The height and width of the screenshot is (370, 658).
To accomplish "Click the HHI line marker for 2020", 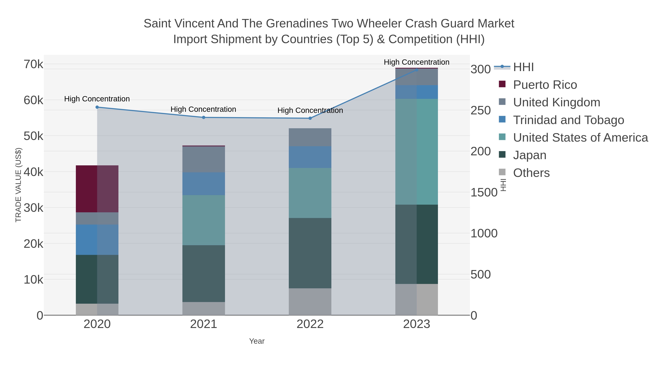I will click(x=97, y=107).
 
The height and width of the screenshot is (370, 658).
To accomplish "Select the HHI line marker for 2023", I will click(x=416, y=70).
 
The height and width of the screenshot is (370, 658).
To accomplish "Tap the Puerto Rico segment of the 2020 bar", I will click(x=97, y=189).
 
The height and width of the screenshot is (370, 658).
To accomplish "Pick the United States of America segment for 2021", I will click(x=204, y=220).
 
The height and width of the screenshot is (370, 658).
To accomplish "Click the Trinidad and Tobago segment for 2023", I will click(x=416, y=92).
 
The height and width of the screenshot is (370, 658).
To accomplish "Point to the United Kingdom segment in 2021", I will click(x=204, y=159).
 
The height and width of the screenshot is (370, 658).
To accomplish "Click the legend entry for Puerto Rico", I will click(x=545, y=85).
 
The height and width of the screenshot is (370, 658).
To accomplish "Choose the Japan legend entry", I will click(x=529, y=155).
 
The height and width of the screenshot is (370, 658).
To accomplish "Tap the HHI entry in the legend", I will click(x=523, y=67).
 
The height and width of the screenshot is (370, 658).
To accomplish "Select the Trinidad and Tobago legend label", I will click(x=568, y=120).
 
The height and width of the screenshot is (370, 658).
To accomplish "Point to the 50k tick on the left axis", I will click(x=33, y=136).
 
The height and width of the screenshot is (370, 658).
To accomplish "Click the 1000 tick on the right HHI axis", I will click(x=484, y=233).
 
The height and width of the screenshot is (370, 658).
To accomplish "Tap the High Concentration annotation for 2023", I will click(x=416, y=62).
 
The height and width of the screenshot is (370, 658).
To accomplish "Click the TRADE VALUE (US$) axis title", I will click(x=18, y=185).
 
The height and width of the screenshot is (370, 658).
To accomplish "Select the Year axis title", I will click(x=257, y=341).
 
